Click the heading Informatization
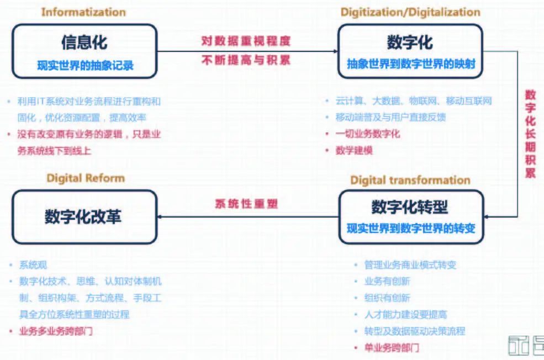coord(83,12)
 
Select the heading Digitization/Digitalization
coord(410,12)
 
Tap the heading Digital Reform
coord(86,178)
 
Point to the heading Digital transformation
coord(410,180)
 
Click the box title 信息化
coord(84,42)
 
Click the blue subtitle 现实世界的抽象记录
coord(85,66)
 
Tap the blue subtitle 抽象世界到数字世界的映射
coord(411,64)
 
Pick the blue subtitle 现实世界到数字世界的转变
coord(411,228)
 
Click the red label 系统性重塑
coord(246,204)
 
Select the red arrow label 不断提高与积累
coord(246,60)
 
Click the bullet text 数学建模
coord(354,150)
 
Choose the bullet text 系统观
coord(33,265)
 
